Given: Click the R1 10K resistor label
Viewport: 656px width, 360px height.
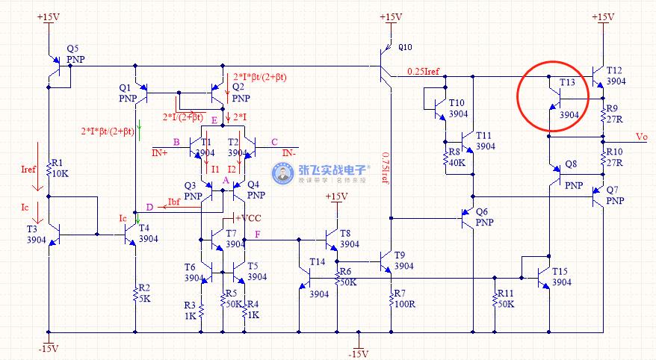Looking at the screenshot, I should [59, 167].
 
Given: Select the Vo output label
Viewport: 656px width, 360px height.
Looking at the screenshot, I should [642, 137].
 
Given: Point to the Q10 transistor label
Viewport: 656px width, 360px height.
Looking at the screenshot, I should [404, 47].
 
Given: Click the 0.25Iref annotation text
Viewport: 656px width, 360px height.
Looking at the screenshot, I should [423, 72].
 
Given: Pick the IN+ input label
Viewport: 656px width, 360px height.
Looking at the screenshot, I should [160, 152].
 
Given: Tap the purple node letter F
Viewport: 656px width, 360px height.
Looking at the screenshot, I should [258, 235].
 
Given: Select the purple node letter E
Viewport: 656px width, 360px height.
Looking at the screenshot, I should [214, 120].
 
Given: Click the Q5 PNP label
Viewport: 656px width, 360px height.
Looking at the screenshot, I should [75, 53].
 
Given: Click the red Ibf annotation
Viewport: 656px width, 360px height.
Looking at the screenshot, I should [173, 202].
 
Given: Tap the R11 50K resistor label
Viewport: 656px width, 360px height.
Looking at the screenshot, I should [505, 299].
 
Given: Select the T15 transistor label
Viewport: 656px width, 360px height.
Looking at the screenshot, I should [560, 277].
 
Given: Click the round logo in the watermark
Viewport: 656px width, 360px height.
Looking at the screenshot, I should [282, 175].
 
